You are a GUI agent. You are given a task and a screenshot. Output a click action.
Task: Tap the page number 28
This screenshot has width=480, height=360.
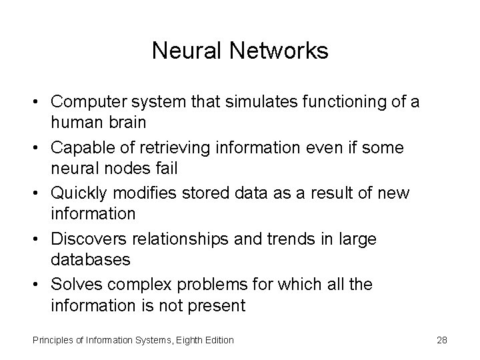441,340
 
